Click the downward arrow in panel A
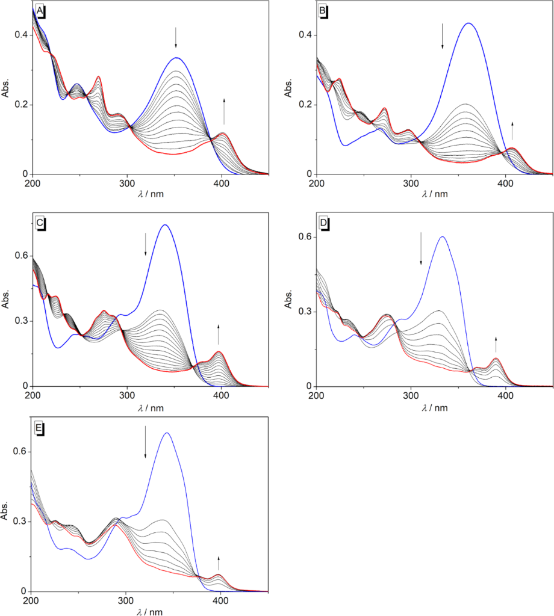coord(176,37)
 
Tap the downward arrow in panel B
coord(443,36)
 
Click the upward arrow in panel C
coord(219,334)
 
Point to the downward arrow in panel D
coord(421,248)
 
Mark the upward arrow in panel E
coord(219,563)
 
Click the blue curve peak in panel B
coord(468,23)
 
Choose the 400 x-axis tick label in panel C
coord(221,395)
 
